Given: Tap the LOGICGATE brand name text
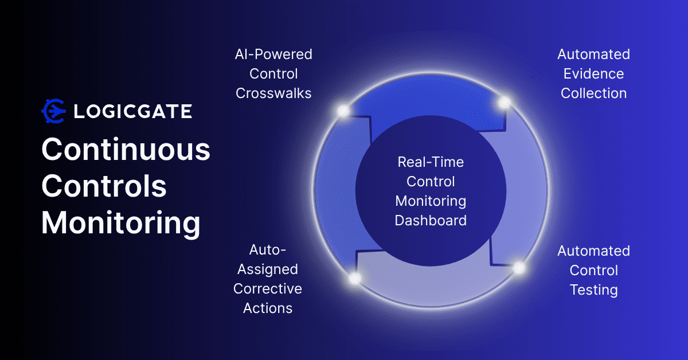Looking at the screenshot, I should click(132, 111).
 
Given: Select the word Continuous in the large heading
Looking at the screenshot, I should click(126, 150).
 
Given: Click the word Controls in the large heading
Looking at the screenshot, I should click(104, 186).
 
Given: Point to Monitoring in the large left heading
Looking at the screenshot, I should click(120, 223).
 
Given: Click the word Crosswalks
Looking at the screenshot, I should click(273, 93).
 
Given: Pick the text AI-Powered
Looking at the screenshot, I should click(273, 54).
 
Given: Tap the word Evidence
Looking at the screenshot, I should click(593, 74).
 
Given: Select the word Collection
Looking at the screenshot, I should click(593, 93).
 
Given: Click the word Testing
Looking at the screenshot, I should click(593, 290).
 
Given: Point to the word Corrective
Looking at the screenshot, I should click(268, 289).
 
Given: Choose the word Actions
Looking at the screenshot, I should click(268, 308).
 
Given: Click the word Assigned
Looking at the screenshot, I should click(268, 269).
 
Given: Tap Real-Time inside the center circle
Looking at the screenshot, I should click(431, 162).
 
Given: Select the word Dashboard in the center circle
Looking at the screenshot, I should click(431, 220).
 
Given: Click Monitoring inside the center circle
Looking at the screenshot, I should click(431, 201).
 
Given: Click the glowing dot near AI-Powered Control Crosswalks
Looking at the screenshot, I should click(343, 111).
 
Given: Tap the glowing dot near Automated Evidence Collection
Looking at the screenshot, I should click(505, 103).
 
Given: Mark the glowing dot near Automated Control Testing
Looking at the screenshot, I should click(519, 268).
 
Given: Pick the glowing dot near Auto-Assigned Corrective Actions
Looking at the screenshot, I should click(355, 279).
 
